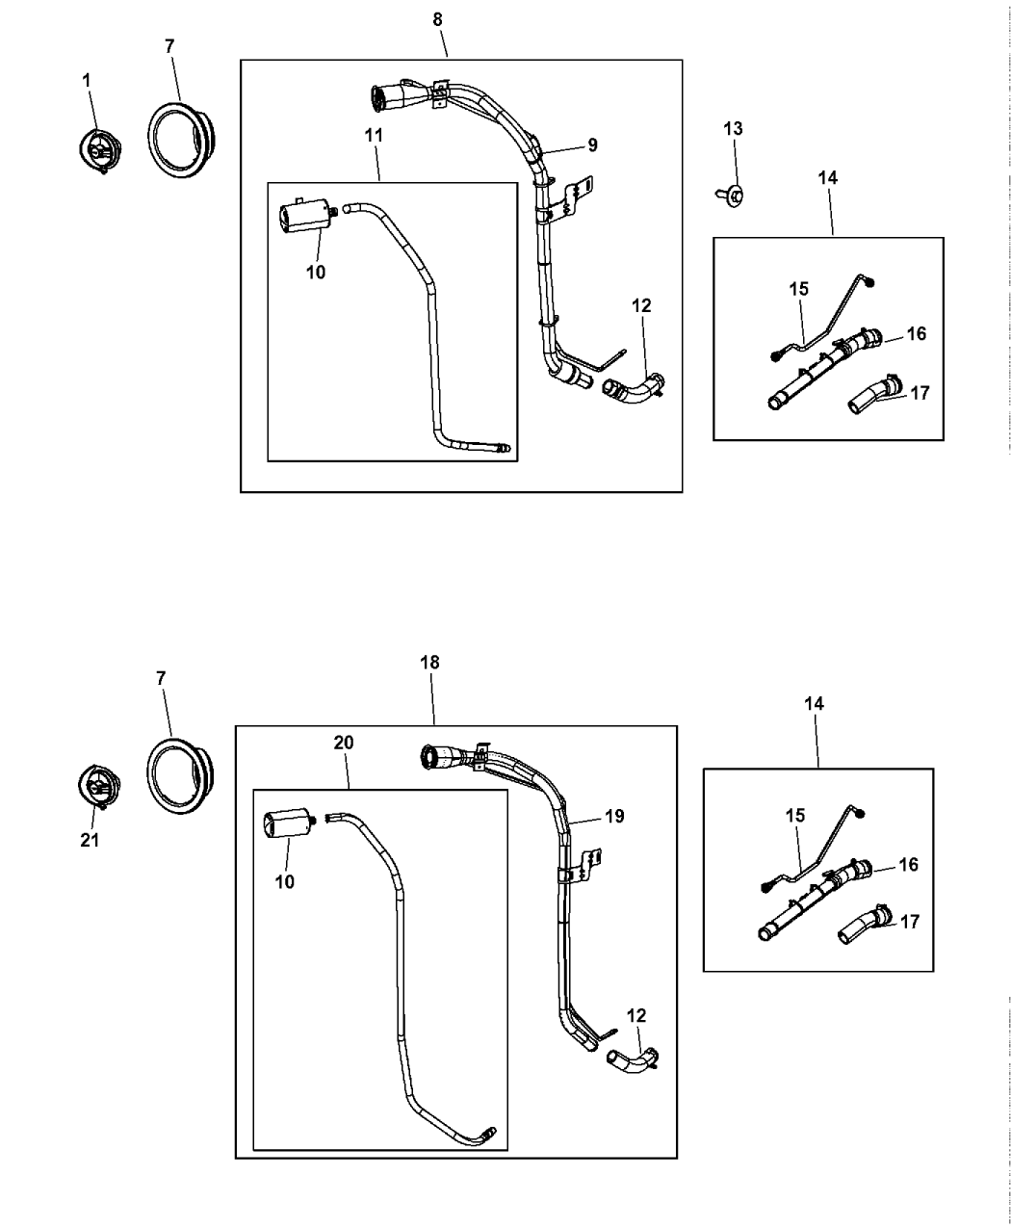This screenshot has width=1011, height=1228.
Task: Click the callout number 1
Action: click(88, 82)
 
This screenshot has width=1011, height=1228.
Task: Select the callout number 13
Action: click(734, 128)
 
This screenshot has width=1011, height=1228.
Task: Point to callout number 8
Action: click(438, 19)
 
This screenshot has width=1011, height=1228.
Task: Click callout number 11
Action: click(375, 136)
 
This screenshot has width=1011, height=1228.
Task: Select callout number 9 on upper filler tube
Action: click(592, 145)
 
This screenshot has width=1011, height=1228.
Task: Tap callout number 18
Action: click(429, 663)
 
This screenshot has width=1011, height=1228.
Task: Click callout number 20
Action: click(344, 743)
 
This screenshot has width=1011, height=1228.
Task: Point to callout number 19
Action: click(614, 817)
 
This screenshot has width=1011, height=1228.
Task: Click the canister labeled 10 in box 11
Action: click(304, 217)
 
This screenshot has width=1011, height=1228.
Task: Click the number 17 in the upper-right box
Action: click(920, 393)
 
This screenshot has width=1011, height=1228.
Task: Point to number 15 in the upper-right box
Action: click(798, 289)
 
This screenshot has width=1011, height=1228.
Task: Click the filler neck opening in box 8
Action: click(378, 96)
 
